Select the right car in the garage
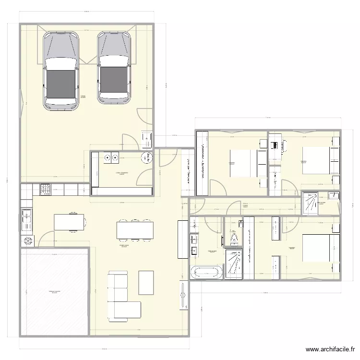(x=114, y=67)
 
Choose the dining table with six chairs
(x=135, y=230)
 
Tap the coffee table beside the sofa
(x=146, y=282)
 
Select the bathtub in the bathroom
(x=207, y=272)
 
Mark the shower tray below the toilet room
(x=234, y=264)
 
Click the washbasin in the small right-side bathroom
(x=333, y=195)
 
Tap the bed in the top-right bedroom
(x=317, y=160)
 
